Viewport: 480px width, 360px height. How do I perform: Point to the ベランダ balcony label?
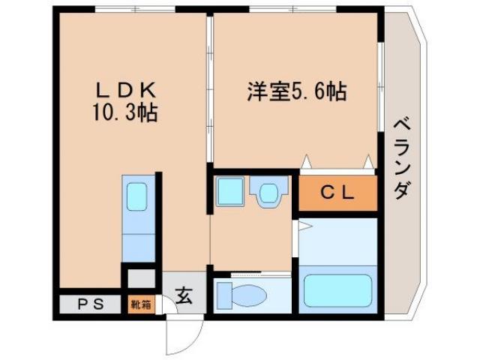(401, 157)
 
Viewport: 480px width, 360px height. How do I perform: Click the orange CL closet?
(337, 193)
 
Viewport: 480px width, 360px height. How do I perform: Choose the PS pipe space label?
(88, 304)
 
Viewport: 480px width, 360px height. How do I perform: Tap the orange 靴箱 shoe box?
(140, 304)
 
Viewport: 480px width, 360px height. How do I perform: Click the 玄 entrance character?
(184, 295)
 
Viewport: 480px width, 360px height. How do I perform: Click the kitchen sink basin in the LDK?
(137, 197)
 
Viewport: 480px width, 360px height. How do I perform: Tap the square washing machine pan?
(227, 193)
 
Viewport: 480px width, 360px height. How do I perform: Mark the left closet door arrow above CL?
(306, 161)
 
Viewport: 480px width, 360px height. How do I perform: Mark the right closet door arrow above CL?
(367, 161)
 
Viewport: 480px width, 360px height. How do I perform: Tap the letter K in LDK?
(148, 90)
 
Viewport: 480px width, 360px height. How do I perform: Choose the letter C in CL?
(328, 193)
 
